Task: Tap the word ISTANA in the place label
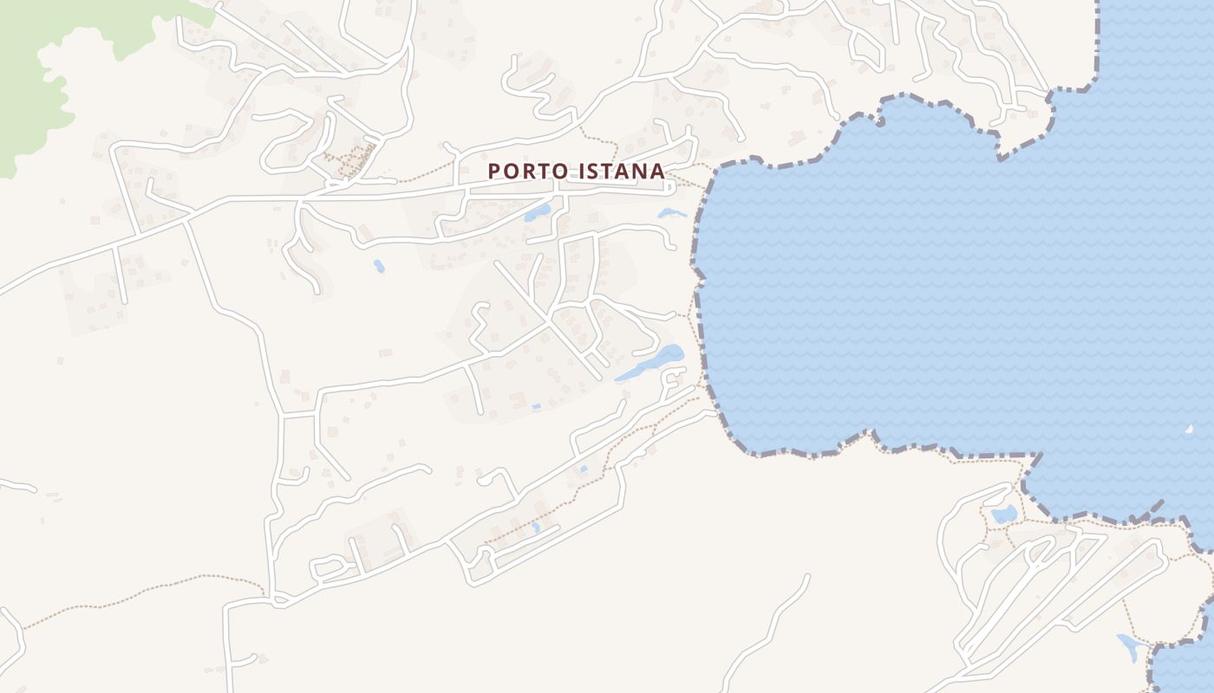point(620,172)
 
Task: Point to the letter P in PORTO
point(494,172)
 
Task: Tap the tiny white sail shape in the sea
point(1190,429)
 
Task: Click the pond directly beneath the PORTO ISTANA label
point(537,213)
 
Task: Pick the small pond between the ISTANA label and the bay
point(670,212)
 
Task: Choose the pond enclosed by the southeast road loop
point(1004,514)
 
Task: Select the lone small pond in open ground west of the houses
point(379,266)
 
